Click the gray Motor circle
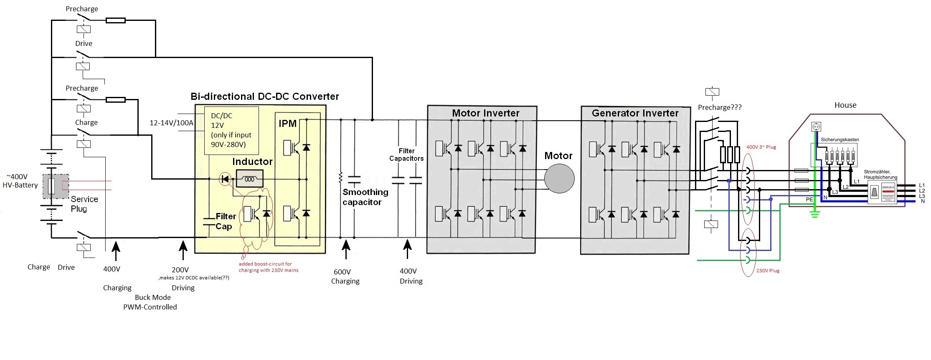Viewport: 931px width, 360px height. point(559,179)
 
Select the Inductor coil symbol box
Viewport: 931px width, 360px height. point(249,179)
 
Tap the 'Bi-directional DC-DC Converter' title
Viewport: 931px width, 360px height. point(264,96)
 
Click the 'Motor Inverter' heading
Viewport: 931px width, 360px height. point(485,113)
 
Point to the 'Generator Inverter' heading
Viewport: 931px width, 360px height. point(635,113)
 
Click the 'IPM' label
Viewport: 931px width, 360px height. point(287,124)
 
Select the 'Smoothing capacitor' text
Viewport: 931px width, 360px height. point(365,197)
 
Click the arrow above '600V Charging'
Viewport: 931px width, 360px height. point(346,251)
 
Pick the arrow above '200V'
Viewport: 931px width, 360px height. point(183,251)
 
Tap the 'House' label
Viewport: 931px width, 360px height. point(845,105)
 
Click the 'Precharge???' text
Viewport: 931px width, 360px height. point(719,108)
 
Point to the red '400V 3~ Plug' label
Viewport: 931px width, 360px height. point(761,147)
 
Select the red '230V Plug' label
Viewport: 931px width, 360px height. point(768,271)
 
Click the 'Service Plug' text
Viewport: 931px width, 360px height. point(84,204)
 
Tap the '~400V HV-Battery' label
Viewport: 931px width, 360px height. point(20,181)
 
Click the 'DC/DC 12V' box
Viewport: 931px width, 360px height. point(231,130)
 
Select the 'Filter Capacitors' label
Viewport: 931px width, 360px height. point(406,155)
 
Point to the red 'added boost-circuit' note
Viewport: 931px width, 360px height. point(268,267)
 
